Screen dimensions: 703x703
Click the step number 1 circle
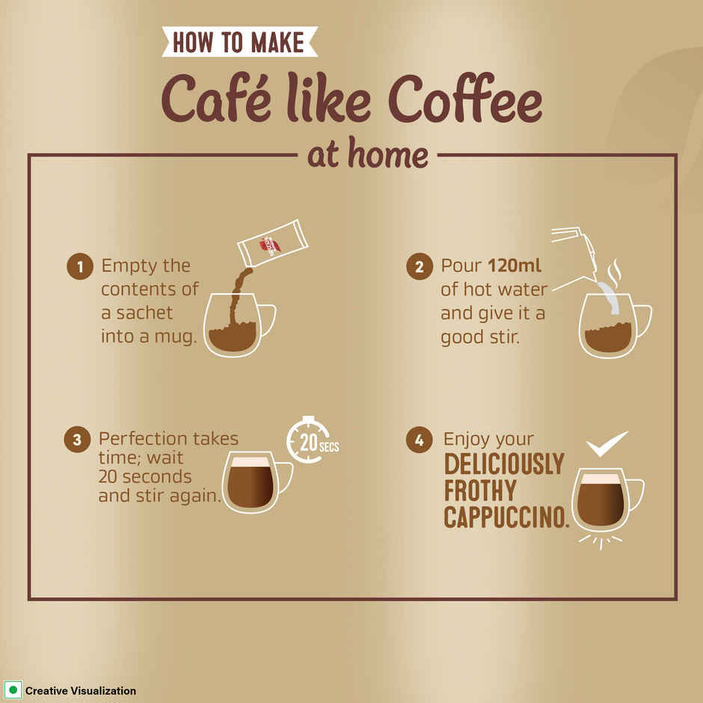tap(80, 267)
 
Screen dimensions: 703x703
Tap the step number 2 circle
tap(420, 267)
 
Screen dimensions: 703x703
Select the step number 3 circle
tap(77, 440)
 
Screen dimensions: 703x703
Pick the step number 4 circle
tap(420, 440)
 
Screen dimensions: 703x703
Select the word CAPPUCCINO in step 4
tap(506, 517)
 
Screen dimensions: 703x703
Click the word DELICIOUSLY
tap(503, 464)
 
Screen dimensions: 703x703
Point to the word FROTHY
tap(479, 491)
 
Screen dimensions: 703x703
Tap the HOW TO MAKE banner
tap(239, 42)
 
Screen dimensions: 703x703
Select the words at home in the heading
tap(367, 155)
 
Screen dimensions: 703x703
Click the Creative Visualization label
tap(80, 691)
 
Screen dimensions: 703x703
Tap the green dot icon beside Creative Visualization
tap(13, 690)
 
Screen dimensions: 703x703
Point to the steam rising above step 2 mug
tap(615, 274)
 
